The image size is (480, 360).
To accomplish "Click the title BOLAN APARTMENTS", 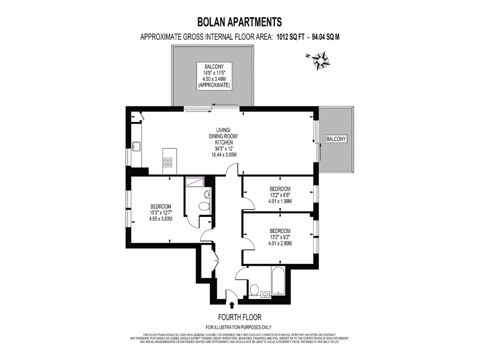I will [x=240, y=22].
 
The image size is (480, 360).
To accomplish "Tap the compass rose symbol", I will [x=321, y=60].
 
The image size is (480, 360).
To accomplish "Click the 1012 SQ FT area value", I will [x=291, y=37].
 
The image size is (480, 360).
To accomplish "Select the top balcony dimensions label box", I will [x=214, y=76].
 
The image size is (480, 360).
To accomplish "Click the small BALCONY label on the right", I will [x=336, y=139].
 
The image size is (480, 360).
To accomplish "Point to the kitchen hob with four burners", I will [x=168, y=162].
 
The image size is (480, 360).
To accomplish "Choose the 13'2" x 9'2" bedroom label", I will [x=280, y=237].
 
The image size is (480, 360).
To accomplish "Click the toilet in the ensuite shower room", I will [x=204, y=206].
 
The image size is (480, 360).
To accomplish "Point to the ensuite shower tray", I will [x=194, y=181].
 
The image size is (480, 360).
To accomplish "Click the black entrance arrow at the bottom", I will [x=231, y=305].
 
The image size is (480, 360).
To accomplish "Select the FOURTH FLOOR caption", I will [x=240, y=317].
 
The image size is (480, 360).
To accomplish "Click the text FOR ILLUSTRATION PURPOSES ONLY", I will [x=239, y=327].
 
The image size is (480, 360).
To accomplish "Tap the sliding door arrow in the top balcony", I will [x=227, y=105].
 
